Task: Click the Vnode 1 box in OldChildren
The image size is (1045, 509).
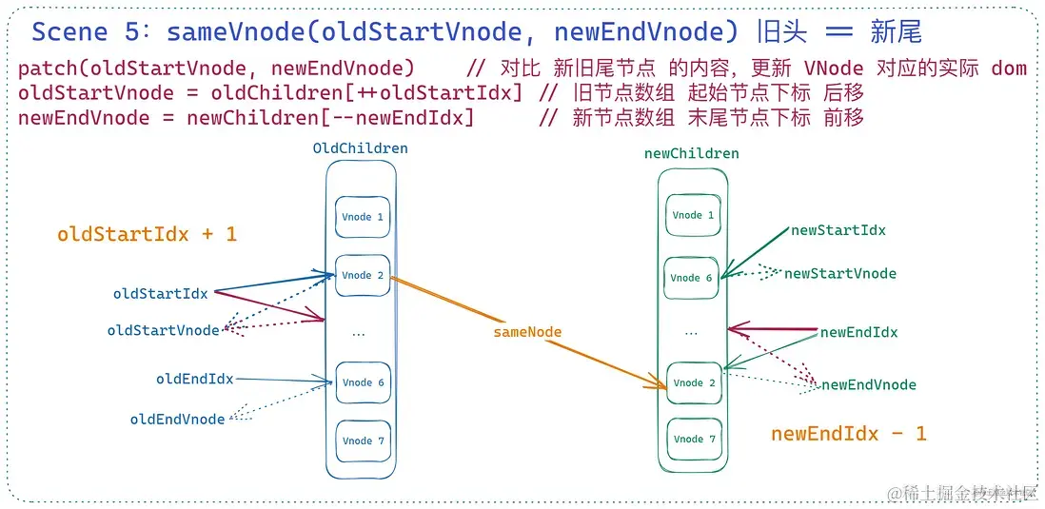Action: click(x=362, y=217)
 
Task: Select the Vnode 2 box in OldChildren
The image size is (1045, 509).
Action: click(x=362, y=275)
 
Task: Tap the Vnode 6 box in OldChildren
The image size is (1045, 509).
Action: click(x=363, y=382)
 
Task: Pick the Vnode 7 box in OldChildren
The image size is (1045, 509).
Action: click(x=363, y=440)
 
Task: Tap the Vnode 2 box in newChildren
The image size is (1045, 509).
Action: click(x=693, y=382)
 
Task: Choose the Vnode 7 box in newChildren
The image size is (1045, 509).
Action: click(x=693, y=439)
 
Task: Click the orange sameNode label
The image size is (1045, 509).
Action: click(x=527, y=332)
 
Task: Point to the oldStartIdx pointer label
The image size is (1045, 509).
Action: click(x=160, y=294)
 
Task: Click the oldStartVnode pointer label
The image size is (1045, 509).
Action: click(x=163, y=330)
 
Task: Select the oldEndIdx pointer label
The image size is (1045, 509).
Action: click(x=194, y=379)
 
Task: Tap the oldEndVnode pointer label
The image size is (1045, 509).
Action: click(x=177, y=419)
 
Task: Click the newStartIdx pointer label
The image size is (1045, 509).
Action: click(x=838, y=230)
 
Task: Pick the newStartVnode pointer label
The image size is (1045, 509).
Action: click(x=839, y=273)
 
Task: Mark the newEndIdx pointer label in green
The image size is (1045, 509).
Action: click(x=858, y=332)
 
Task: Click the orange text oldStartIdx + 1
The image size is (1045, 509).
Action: click(x=147, y=234)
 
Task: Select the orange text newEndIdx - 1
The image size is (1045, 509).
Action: click(x=848, y=434)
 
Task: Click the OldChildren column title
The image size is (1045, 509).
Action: click(x=360, y=148)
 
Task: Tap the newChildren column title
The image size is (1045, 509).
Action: click(x=691, y=153)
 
